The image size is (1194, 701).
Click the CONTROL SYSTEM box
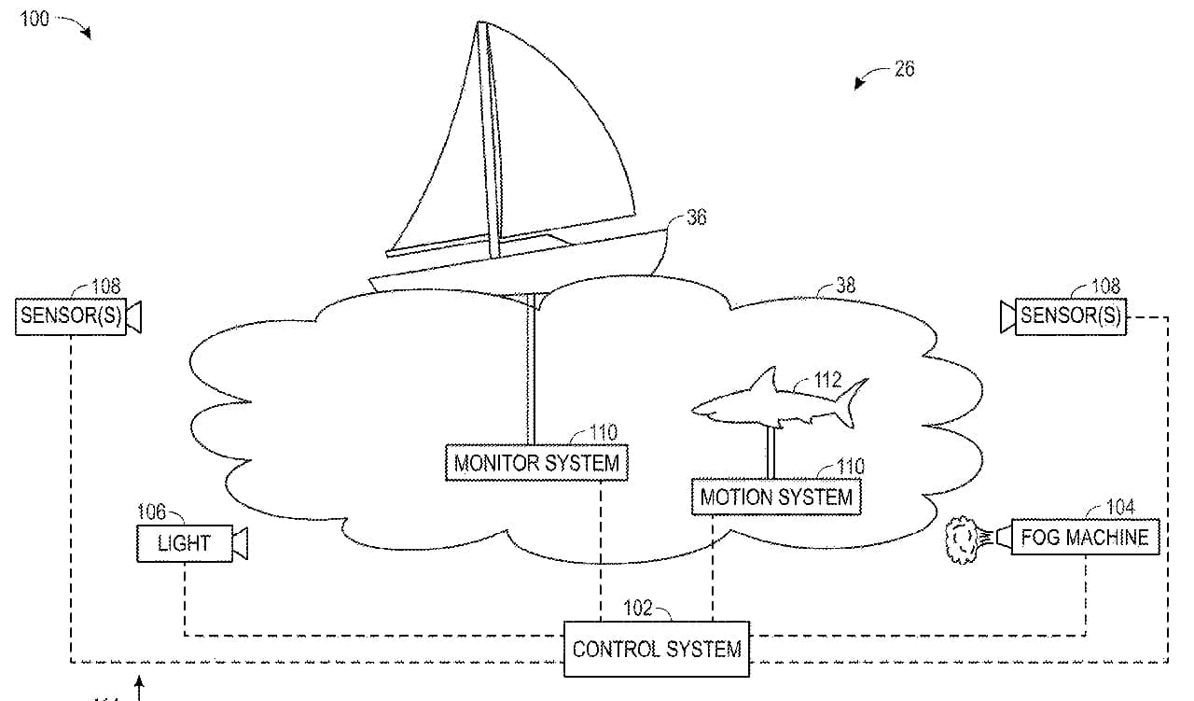[657, 649]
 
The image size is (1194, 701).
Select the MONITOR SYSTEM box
[536, 463]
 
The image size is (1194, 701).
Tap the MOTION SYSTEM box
[776, 497]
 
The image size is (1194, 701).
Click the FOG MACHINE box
[1085, 537]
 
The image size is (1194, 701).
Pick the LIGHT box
[185, 543]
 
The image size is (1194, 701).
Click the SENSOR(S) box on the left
[71, 316]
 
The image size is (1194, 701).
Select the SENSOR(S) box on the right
[1071, 316]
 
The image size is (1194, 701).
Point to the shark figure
[779, 401]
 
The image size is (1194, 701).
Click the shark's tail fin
[852, 403]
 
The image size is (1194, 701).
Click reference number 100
[35, 20]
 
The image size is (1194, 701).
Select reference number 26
[905, 69]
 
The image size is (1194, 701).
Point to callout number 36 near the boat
[696, 217]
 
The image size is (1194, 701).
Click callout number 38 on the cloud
[846, 286]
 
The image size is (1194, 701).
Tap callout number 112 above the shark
[827, 380]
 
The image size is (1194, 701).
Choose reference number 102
[638, 608]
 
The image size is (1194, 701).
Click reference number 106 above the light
[151, 512]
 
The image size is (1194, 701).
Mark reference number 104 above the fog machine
[1120, 506]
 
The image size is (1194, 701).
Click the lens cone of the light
[241, 543]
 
